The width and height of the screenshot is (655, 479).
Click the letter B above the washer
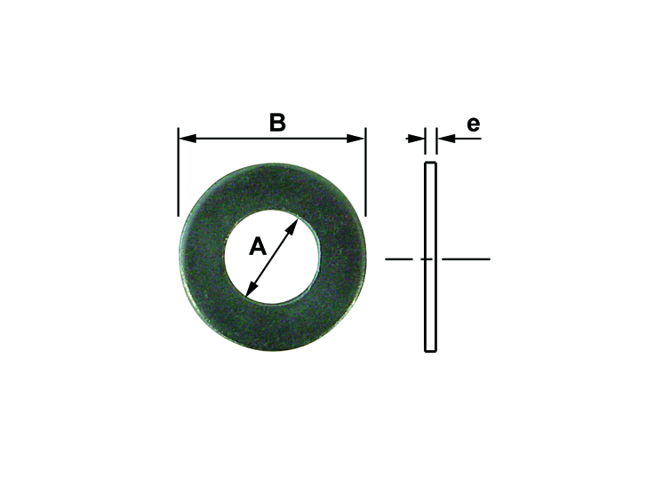click(x=277, y=123)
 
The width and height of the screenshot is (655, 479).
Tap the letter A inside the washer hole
click(x=257, y=246)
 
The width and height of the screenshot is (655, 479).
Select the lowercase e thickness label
click(x=473, y=124)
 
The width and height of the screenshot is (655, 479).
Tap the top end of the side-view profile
click(x=430, y=164)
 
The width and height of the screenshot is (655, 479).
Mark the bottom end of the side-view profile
click(x=430, y=350)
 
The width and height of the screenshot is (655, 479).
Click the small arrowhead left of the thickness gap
click(x=417, y=138)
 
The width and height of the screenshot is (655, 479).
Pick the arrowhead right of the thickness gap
click(x=443, y=138)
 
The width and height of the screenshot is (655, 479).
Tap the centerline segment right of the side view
click(x=467, y=259)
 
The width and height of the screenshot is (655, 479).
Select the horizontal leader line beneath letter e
click(x=467, y=138)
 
